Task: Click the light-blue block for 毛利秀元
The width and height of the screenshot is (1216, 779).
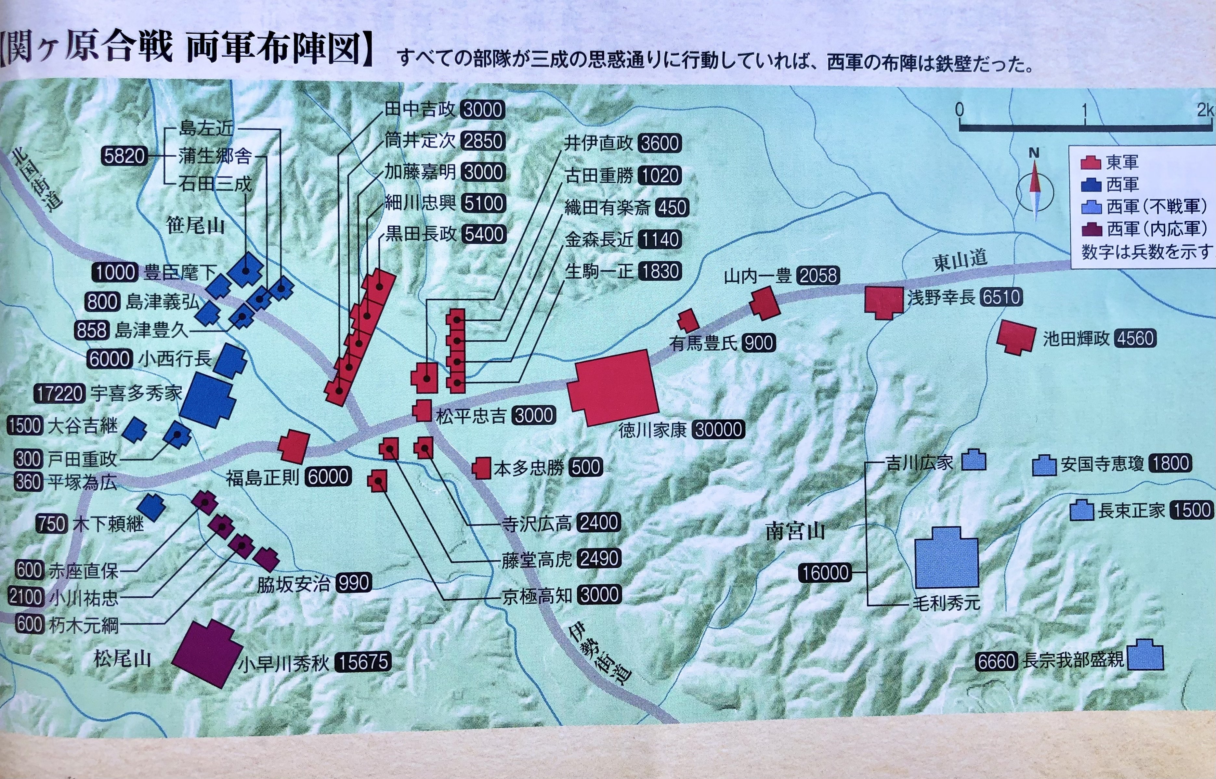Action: tap(946, 556)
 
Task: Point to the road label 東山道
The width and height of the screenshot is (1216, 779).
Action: tap(960, 261)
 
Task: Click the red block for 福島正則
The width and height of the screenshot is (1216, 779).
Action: tap(294, 447)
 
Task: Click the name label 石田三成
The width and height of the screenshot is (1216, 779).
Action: tap(215, 184)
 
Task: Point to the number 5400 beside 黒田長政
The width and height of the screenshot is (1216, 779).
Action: tap(484, 234)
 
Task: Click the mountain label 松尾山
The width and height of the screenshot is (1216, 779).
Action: tap(123, 659)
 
